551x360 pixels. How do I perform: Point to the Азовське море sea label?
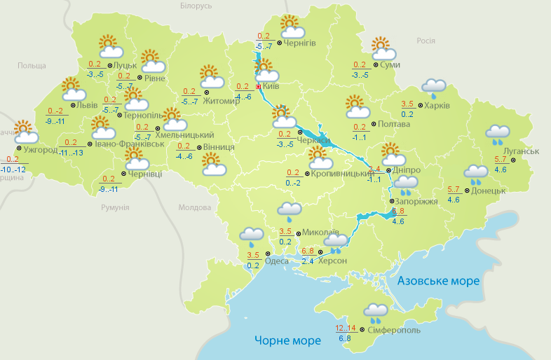click(438, 281)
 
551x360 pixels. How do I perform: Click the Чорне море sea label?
click(287, 340)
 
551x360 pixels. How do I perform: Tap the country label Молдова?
click(194, 208)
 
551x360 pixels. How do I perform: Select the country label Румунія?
click(115, 208)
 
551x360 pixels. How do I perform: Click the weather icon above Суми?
click(383, 49)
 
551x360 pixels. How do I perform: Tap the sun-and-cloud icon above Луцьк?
click(110, 47)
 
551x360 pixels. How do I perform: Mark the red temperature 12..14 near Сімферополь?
click(346, 328)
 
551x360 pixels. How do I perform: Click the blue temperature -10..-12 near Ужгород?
click(14, 170)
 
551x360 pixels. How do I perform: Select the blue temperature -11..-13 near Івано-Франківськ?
click(71, 153)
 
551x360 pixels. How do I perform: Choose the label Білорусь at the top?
click(196, 6)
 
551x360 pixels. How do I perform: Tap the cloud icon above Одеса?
click(251, 235)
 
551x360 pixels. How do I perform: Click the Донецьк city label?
click(488, 190)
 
